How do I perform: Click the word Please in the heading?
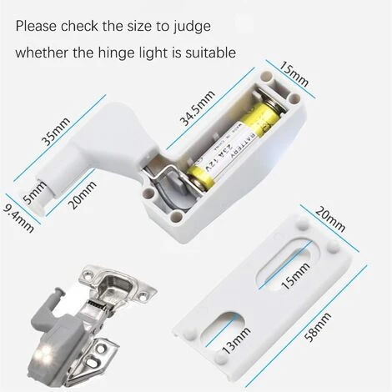coord(37,26)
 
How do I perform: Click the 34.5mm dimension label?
coord(198,108)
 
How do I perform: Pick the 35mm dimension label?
coord(56,131)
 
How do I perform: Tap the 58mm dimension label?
coord(318,327)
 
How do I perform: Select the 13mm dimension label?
coord(237,340)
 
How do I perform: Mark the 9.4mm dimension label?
coord(18,219)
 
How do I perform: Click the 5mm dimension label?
coord(34,193)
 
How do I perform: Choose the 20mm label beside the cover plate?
coord(330,219)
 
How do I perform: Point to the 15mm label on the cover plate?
coord(295,276)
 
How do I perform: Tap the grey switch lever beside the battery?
coord(178,183)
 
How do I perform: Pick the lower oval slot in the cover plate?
coord(223,327)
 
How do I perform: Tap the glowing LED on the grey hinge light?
coord(44,353)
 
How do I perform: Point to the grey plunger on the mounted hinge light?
coord(58,295)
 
